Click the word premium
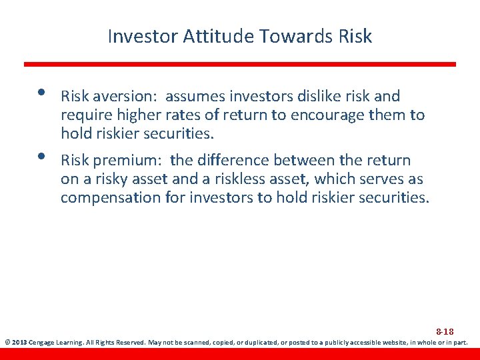tap(127, 161)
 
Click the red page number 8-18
tap(445, 331)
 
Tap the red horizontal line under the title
tap(240, 64)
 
